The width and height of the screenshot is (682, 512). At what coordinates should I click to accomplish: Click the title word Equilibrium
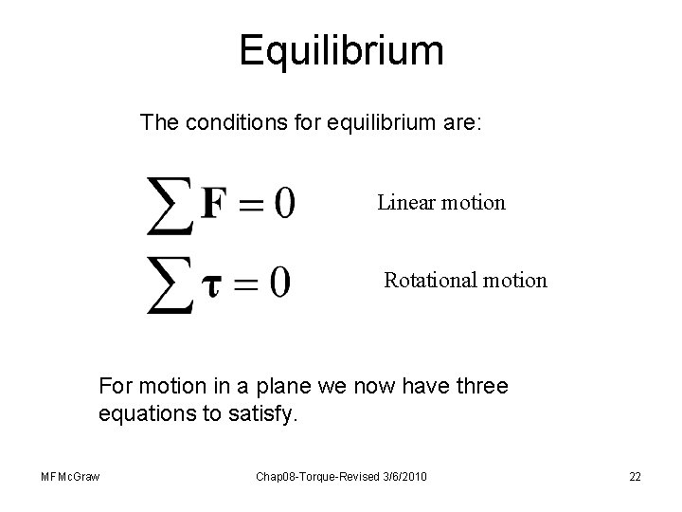[x=341, y=50]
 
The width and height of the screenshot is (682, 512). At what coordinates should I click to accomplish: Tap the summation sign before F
[x=170, y=204]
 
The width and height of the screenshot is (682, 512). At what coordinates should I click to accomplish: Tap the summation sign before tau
[x=170, y=283]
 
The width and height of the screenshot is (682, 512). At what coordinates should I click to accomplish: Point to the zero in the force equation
[x=280, y=202]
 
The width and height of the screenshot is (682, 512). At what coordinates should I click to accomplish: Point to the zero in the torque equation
[x=278, y=282]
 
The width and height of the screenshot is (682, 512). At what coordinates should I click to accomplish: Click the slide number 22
[x=634, y=476]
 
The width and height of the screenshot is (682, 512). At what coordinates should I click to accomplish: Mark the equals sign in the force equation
[x=245, y=204]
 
